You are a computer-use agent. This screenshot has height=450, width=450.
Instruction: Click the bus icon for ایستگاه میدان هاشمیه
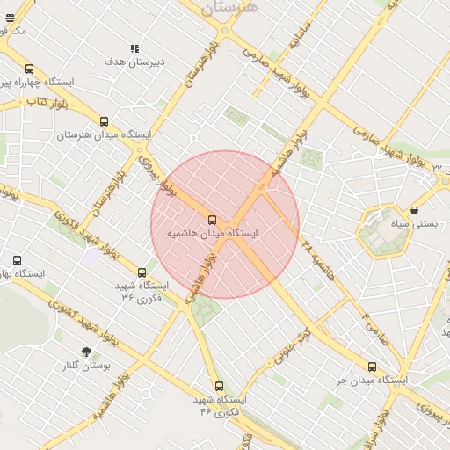tap(212, 220)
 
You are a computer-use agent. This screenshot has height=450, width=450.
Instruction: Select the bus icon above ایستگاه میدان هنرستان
tap(105, 122)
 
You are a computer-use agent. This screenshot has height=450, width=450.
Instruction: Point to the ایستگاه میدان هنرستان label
tap(105, 135)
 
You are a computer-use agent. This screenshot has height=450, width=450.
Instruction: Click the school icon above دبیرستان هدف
tap(134, 48)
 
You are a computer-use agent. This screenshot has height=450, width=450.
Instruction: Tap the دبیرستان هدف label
tap(134, 62)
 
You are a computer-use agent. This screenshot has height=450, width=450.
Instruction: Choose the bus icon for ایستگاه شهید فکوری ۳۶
tap(142, 272)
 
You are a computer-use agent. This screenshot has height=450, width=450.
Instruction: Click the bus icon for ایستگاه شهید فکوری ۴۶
tap(219, 386)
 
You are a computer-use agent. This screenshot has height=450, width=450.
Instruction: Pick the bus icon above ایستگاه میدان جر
tap(372, 367)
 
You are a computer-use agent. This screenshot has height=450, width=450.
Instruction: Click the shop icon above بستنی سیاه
tap(414, 211)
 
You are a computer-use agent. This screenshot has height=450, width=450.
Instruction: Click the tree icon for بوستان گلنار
tap(86, 352)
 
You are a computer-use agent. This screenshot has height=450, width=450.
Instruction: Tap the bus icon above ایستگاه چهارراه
tap(29, 69)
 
